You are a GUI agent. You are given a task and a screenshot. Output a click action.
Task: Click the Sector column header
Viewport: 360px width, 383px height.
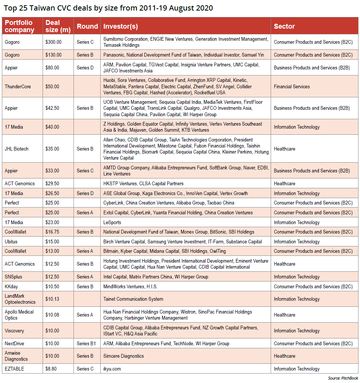284,26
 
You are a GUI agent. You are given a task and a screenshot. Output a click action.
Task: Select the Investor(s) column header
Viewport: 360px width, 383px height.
120,26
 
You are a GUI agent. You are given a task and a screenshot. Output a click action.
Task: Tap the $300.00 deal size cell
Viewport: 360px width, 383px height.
54,42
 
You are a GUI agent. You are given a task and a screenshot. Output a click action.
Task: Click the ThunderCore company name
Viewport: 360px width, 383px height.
17,86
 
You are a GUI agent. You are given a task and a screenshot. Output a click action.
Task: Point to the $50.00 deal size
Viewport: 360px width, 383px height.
52,86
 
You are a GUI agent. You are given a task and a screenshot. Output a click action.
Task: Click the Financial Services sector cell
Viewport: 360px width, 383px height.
292,86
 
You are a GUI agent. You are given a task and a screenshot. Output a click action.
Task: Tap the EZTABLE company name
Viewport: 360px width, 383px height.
14,369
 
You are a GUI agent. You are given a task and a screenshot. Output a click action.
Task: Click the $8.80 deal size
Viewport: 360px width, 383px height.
51,369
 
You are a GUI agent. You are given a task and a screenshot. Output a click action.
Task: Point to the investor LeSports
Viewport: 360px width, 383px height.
112,222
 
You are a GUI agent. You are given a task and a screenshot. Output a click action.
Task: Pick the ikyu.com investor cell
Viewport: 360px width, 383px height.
112,369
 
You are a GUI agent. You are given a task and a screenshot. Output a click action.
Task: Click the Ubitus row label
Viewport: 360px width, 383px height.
11,241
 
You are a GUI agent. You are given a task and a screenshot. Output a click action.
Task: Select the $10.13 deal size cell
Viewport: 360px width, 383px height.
52,299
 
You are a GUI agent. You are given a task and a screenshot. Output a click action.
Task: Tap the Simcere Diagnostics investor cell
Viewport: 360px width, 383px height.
124,356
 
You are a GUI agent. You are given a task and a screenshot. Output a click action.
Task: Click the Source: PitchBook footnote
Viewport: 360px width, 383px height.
343,378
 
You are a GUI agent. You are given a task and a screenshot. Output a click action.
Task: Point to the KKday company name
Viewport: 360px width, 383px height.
11,286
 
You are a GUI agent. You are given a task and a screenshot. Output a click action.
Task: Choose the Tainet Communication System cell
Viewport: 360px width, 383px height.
133,299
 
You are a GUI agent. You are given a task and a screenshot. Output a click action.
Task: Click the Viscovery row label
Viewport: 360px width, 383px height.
14,331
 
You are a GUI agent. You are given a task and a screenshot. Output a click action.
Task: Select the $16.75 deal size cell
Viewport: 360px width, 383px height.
52,232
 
